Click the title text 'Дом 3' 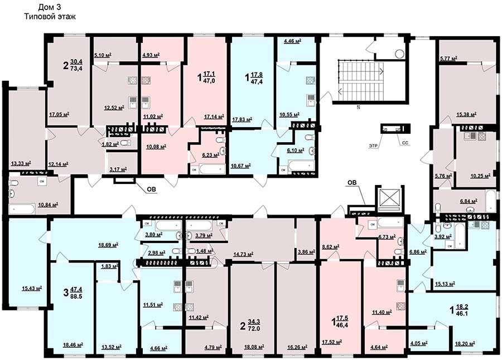point(50,7)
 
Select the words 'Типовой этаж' point(50,17)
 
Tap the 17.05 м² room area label point(60,114)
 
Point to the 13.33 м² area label point(21,163)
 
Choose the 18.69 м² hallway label point(108,245)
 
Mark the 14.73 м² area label point(243,255)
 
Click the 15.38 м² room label point(466,114)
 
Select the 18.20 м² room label point(465,344)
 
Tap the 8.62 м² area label point(331,247)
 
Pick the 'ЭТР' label point(373,145)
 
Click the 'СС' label point(405,143)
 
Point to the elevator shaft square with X point(389,200)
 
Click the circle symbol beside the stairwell point(399,53)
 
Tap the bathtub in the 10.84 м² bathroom point(22,210)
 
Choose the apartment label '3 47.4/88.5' point(73,293)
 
